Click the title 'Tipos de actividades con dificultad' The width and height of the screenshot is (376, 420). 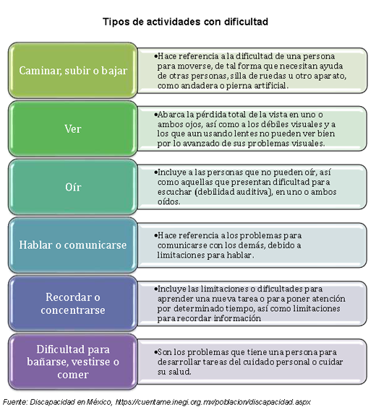(185, 22)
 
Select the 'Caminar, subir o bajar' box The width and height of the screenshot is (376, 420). (73, 70)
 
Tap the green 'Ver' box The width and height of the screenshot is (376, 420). (73, 128)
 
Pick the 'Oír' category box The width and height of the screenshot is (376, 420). (73, 187)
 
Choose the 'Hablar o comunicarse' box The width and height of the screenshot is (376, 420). (73, 245)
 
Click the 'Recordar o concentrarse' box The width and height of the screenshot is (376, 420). (73, 304)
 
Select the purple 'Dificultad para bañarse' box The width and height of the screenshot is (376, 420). (73, 362)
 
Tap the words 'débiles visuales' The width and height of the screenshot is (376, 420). (292, 124)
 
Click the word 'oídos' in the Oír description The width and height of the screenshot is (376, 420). (168, 201)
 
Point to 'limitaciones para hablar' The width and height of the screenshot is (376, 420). (205, 255)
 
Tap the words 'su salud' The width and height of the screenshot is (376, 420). (174, 372)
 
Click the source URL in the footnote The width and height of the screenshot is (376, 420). (213, 402)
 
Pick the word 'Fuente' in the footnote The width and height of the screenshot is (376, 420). (14, 402)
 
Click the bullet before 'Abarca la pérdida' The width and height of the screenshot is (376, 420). (155, 114)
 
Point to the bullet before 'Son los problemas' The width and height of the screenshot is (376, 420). (155, 352)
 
